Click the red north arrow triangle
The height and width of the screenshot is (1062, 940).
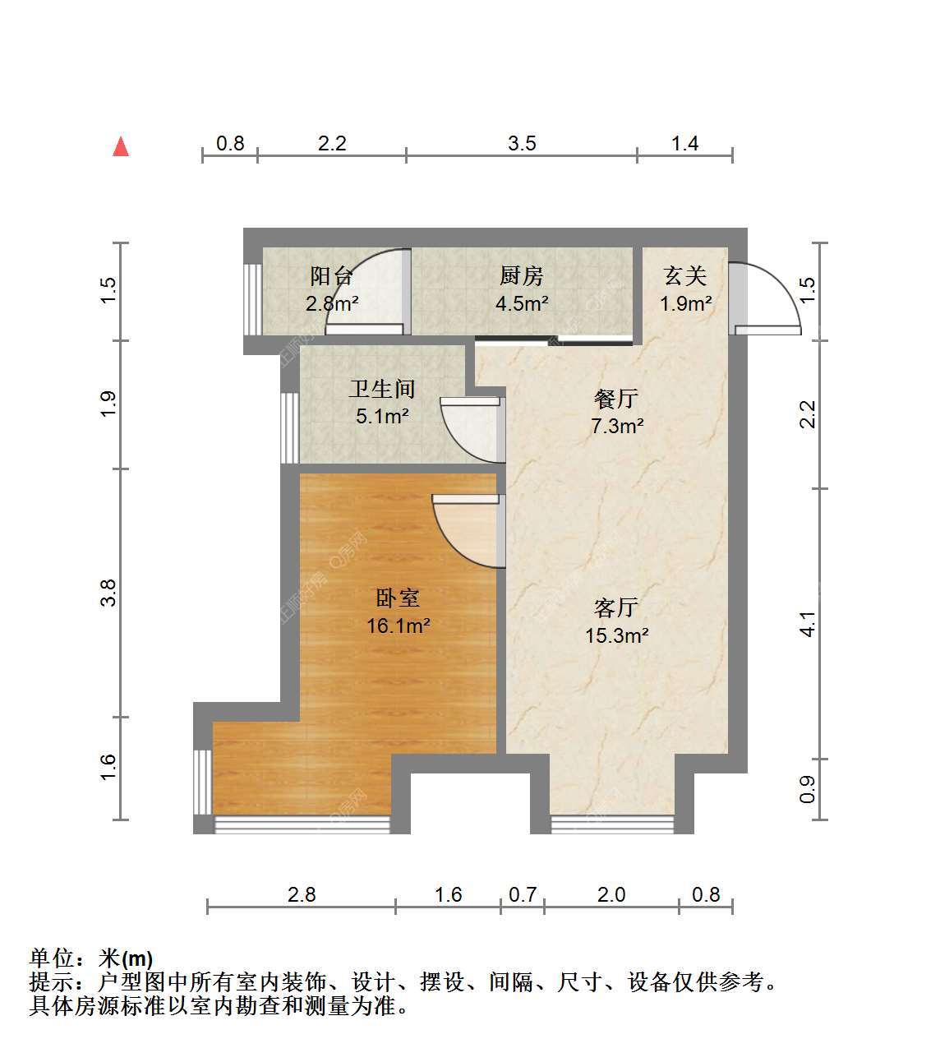121,146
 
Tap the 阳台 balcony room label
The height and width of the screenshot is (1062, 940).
331,276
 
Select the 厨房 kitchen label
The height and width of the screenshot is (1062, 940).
521,276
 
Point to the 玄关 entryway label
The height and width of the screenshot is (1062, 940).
685,276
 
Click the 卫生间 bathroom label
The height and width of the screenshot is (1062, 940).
382,389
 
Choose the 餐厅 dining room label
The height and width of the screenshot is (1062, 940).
616,399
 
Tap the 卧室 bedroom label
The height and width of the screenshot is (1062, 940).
398,598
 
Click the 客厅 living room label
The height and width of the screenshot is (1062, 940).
616,607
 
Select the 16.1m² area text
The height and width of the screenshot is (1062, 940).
399,626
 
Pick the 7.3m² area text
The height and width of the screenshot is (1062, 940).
617,426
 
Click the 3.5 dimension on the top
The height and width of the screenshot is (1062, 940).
522,143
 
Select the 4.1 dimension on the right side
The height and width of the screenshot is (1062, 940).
808,624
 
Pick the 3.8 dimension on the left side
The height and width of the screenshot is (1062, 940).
108,593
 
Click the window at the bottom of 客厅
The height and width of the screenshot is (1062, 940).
611,824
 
